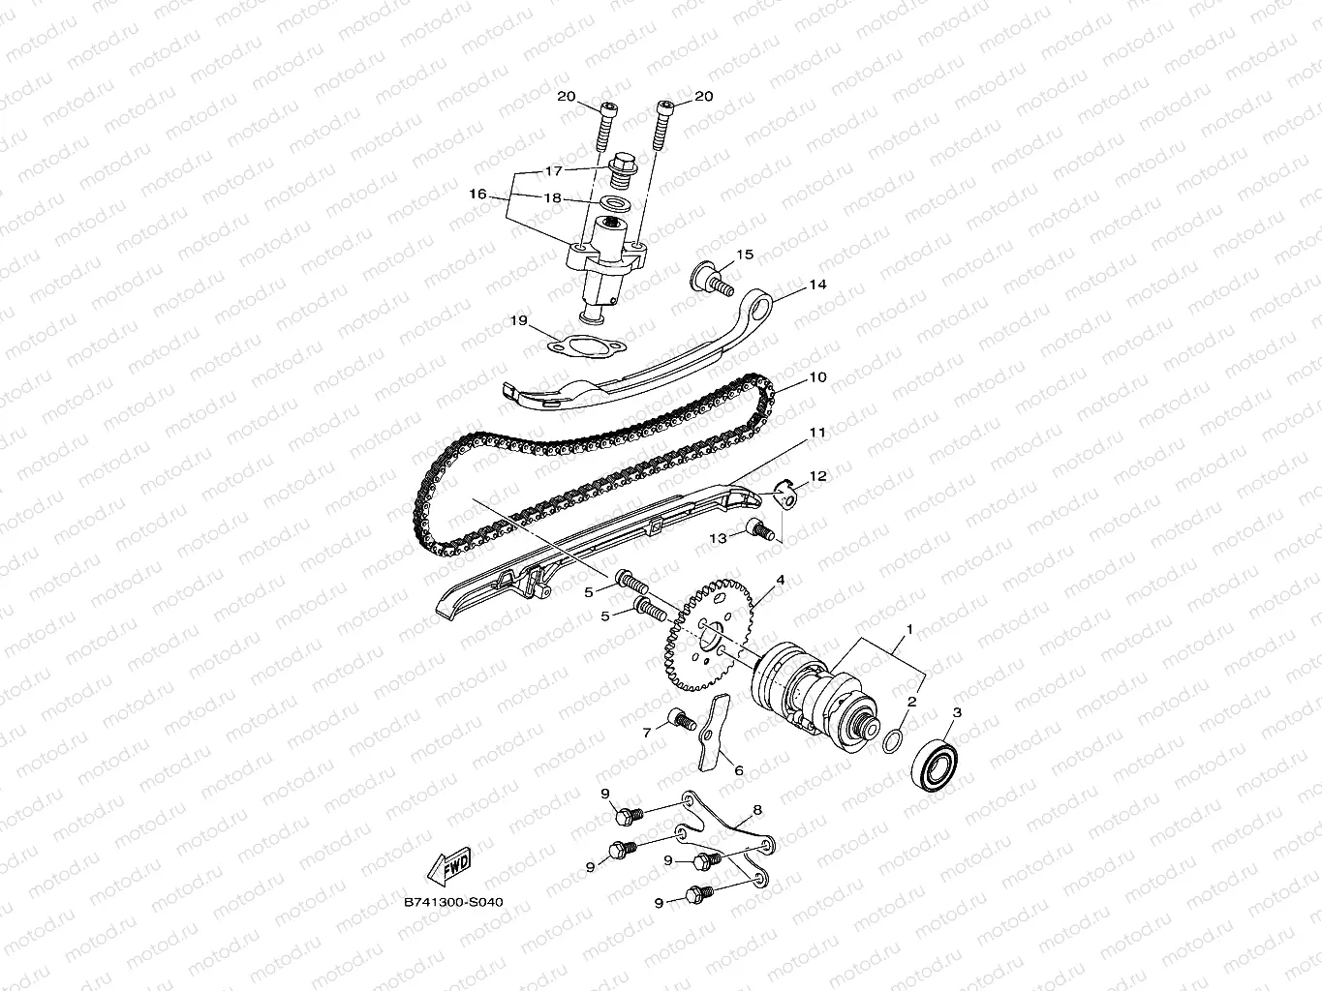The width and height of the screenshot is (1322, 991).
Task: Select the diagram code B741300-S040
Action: [453, 902]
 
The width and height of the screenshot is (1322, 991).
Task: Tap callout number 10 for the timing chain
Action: [818, 377]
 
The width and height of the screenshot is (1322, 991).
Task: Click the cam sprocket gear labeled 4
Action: [706, 634]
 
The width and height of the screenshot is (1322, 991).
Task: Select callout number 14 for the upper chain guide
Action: [818, 285]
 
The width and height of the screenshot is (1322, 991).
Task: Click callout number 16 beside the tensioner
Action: [477, 195]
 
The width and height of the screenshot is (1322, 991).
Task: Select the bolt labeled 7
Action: [683, 721]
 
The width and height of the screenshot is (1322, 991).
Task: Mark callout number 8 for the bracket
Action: [756, 810]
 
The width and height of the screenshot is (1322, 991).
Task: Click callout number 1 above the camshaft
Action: [908, 629]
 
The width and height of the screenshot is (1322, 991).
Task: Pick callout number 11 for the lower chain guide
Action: [818, 433]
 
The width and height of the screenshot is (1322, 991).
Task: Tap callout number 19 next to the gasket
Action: [518, 319]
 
